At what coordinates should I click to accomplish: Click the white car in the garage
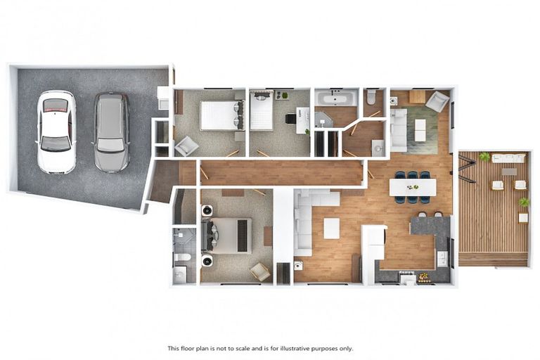(56, 131)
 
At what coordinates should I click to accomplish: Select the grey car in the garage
(112, 131)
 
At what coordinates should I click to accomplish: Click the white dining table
(413, 187)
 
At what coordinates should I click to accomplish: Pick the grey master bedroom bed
(227, 236)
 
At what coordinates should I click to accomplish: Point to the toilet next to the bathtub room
(371, 97)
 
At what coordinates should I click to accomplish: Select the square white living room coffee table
(331, 228)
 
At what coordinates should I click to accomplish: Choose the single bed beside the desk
(262, 112)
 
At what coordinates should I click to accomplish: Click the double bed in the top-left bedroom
(221, 115)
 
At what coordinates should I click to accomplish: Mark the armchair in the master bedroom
(259, 271)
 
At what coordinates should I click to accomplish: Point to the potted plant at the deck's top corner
(484, 156)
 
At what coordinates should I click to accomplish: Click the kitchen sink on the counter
(442, 258)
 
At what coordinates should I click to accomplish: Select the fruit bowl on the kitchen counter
(423, 277)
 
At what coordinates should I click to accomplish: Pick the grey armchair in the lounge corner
(437, 101)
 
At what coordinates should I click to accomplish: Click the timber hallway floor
(281, 172)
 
